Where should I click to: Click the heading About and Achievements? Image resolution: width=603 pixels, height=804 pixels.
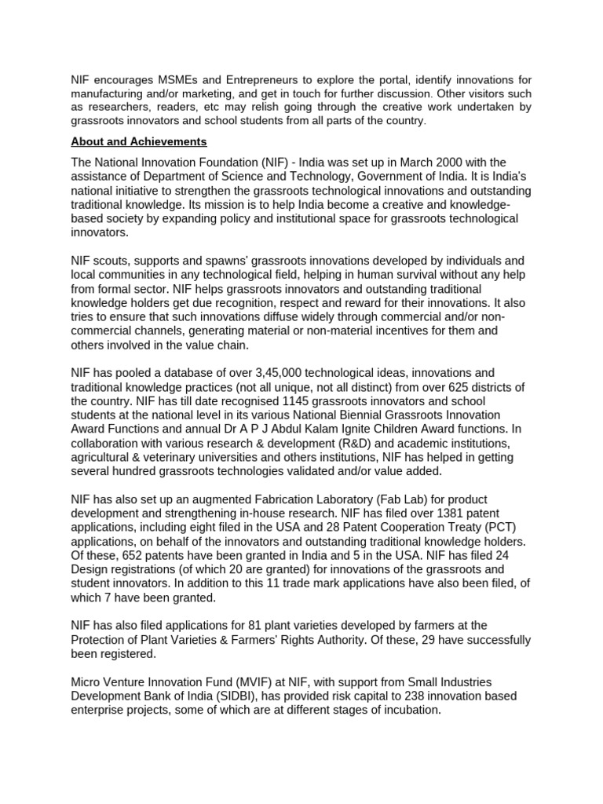(x=139, y=142)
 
